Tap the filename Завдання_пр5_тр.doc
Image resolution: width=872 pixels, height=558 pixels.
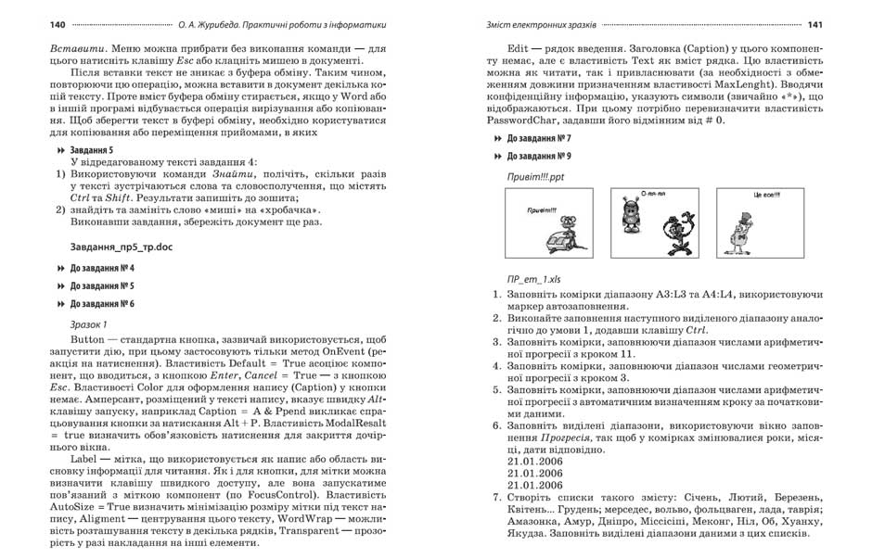point(121,247)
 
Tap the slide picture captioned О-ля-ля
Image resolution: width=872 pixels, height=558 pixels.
point(656,223)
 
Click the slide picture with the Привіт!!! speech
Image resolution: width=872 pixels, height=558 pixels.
point(548,223)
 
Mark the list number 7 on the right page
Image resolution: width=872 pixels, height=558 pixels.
point(496,497)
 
